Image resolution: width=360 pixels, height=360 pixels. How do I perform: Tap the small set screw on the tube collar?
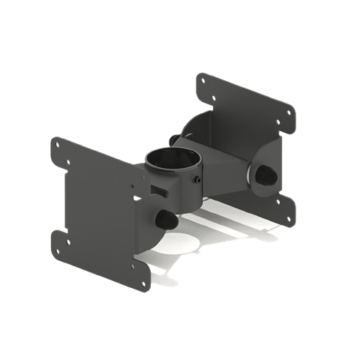196,180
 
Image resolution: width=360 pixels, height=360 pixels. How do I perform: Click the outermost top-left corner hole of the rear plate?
202,78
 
